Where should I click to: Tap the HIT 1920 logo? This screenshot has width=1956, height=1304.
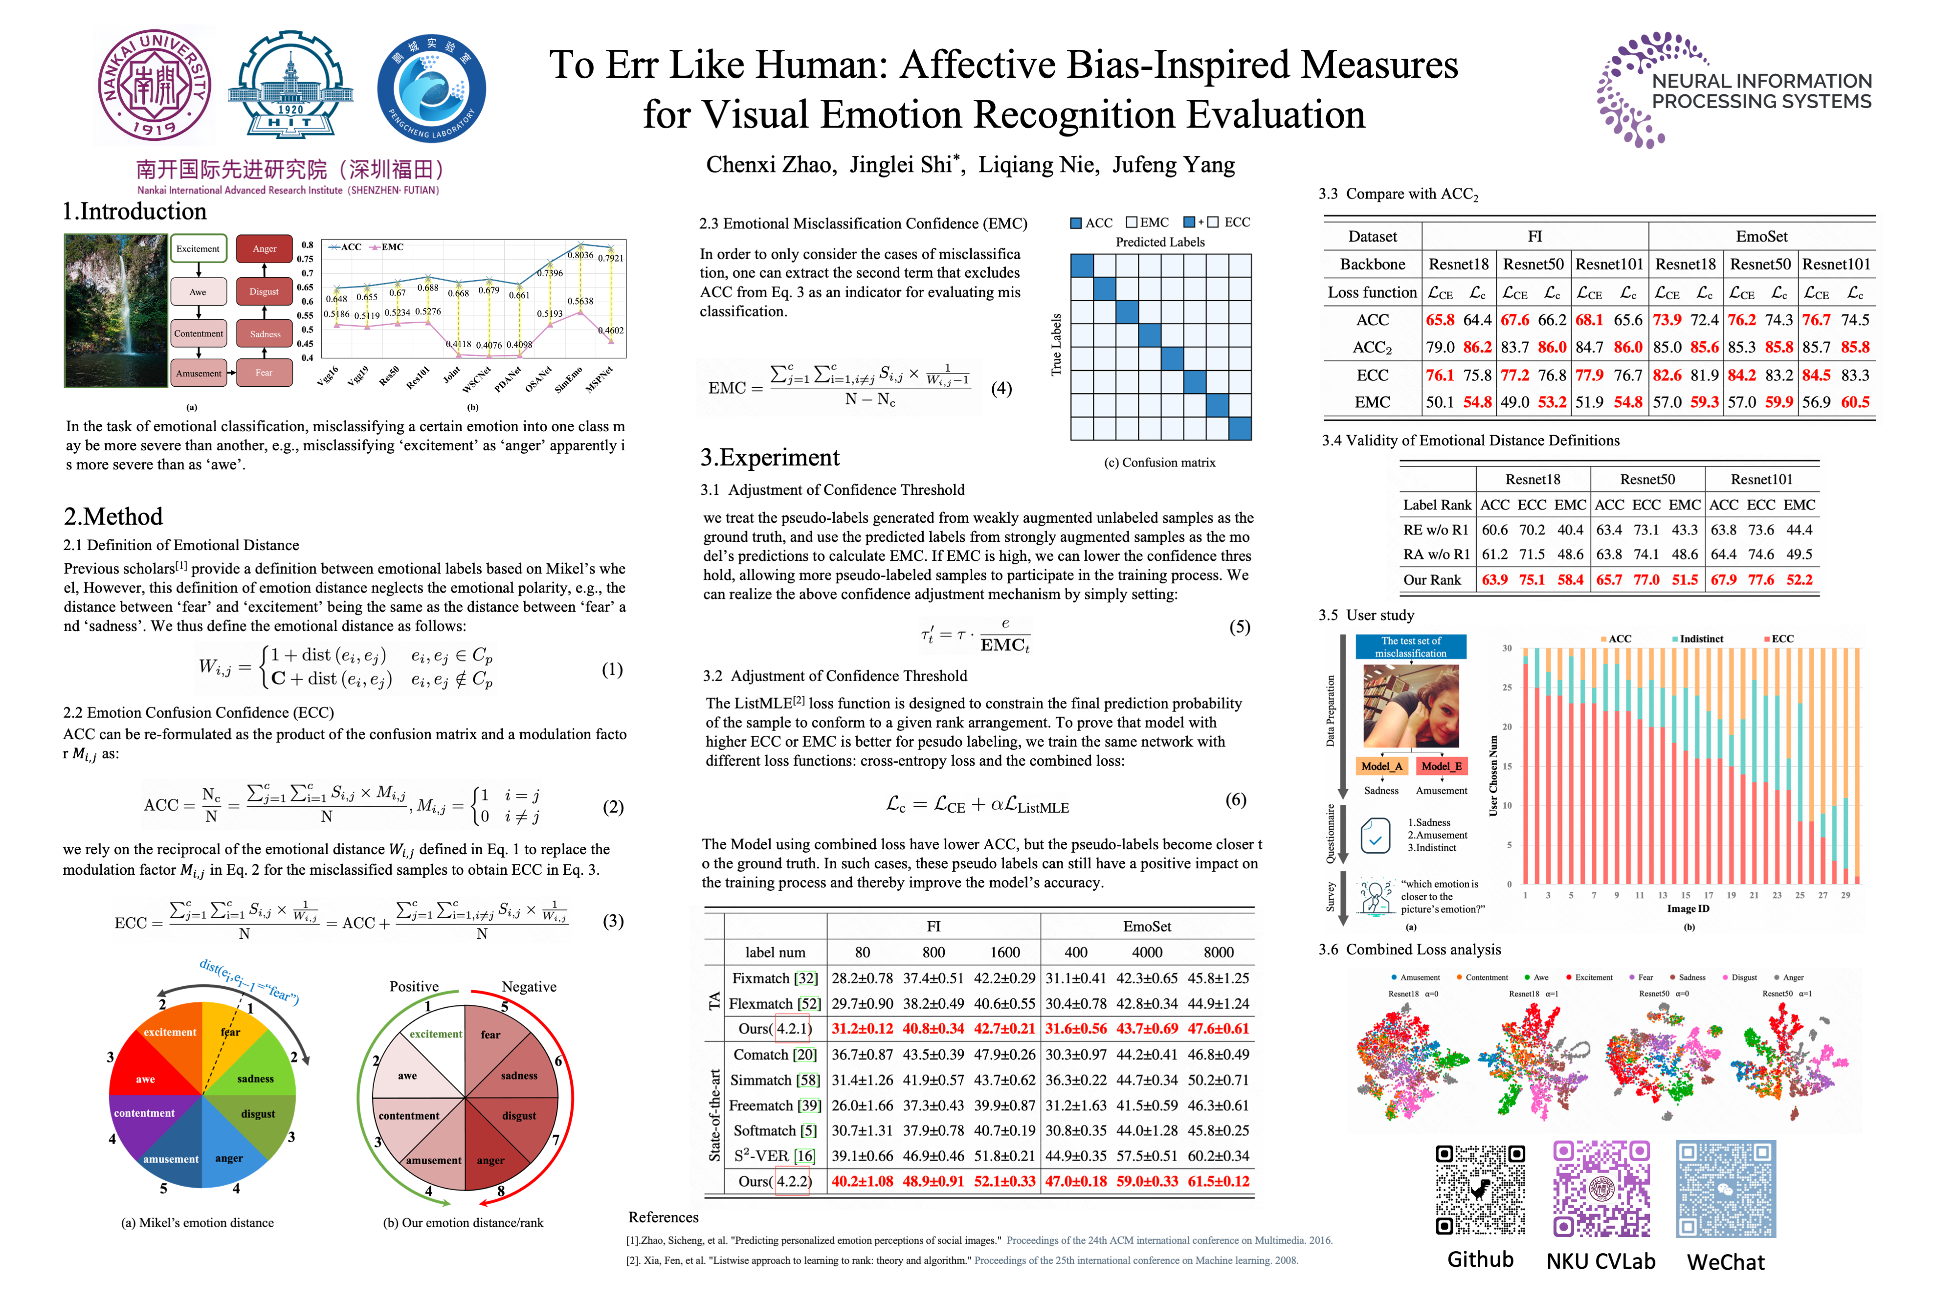pyautogui.click(x=290, y=85)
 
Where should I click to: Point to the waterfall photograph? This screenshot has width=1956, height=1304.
pyautogui.click(x=115, y=310)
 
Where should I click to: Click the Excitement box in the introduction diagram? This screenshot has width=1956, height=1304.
pyautogui.click(x=198, y=249)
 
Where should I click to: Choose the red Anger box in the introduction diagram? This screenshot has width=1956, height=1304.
pyautogui.click(x=265, y=249)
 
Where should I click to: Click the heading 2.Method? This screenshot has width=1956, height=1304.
pyautogui.click(x=113, y=516)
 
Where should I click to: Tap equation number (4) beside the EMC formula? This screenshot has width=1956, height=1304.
pyautogui.click(x=1001, y=388)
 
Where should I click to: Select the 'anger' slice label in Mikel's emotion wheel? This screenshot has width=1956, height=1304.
pyautogui.click(x=229, y=1158)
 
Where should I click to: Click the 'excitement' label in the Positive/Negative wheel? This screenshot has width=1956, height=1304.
pyautogui.click(x=435, y=1034)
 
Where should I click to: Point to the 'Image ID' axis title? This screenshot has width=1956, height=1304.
pyautogui.click(x=1688, y=909)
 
